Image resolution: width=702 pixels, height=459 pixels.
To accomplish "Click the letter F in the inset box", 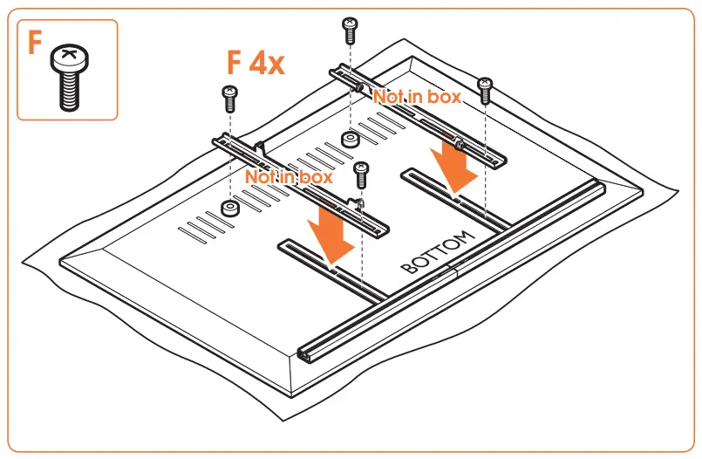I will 34,43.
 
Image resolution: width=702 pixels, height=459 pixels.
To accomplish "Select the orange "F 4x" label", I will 256,64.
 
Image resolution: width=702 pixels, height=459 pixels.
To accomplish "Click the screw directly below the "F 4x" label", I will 230,98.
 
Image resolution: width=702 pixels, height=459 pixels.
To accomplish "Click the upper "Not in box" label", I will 417,97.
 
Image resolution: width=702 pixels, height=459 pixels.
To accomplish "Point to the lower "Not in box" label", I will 289,176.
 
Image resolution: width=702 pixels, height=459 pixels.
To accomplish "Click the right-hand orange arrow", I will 457,166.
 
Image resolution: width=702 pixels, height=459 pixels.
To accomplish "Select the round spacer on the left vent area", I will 229,208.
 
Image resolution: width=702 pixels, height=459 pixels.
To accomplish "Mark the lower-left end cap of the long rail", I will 310,353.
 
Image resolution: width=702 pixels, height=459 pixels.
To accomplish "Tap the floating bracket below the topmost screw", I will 419,113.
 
